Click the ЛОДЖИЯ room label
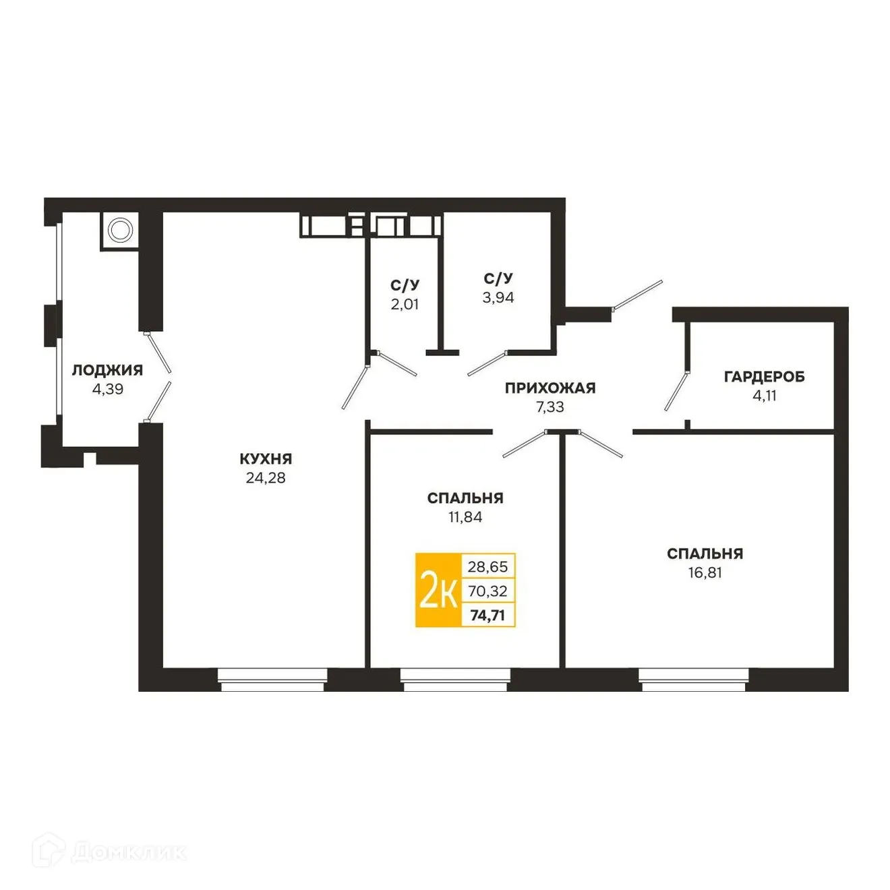[x=107, y=369]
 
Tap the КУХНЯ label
[x=266, y=459]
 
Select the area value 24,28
[x=266, y=478]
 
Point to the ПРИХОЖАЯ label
[x=550, y=388]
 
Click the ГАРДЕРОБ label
[x=764, y=377]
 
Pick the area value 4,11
[x=764, y=396]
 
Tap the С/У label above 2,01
[x=405, y=285]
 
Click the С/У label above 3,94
[x=498, y=278]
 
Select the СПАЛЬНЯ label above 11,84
[x=465, y=498]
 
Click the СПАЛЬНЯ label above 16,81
[x=705, y=554]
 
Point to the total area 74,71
[x=487, y=615]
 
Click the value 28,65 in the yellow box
[x=487, y=566]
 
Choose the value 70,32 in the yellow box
[x=487, y=591]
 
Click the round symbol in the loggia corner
[x=119, y=231]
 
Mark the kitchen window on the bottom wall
[x=272, y=679]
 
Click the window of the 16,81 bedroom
[x=694, y=679]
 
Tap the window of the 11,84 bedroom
[x=454, y=679]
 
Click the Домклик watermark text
[x=128, y=852]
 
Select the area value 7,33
[x=550, y=407]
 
